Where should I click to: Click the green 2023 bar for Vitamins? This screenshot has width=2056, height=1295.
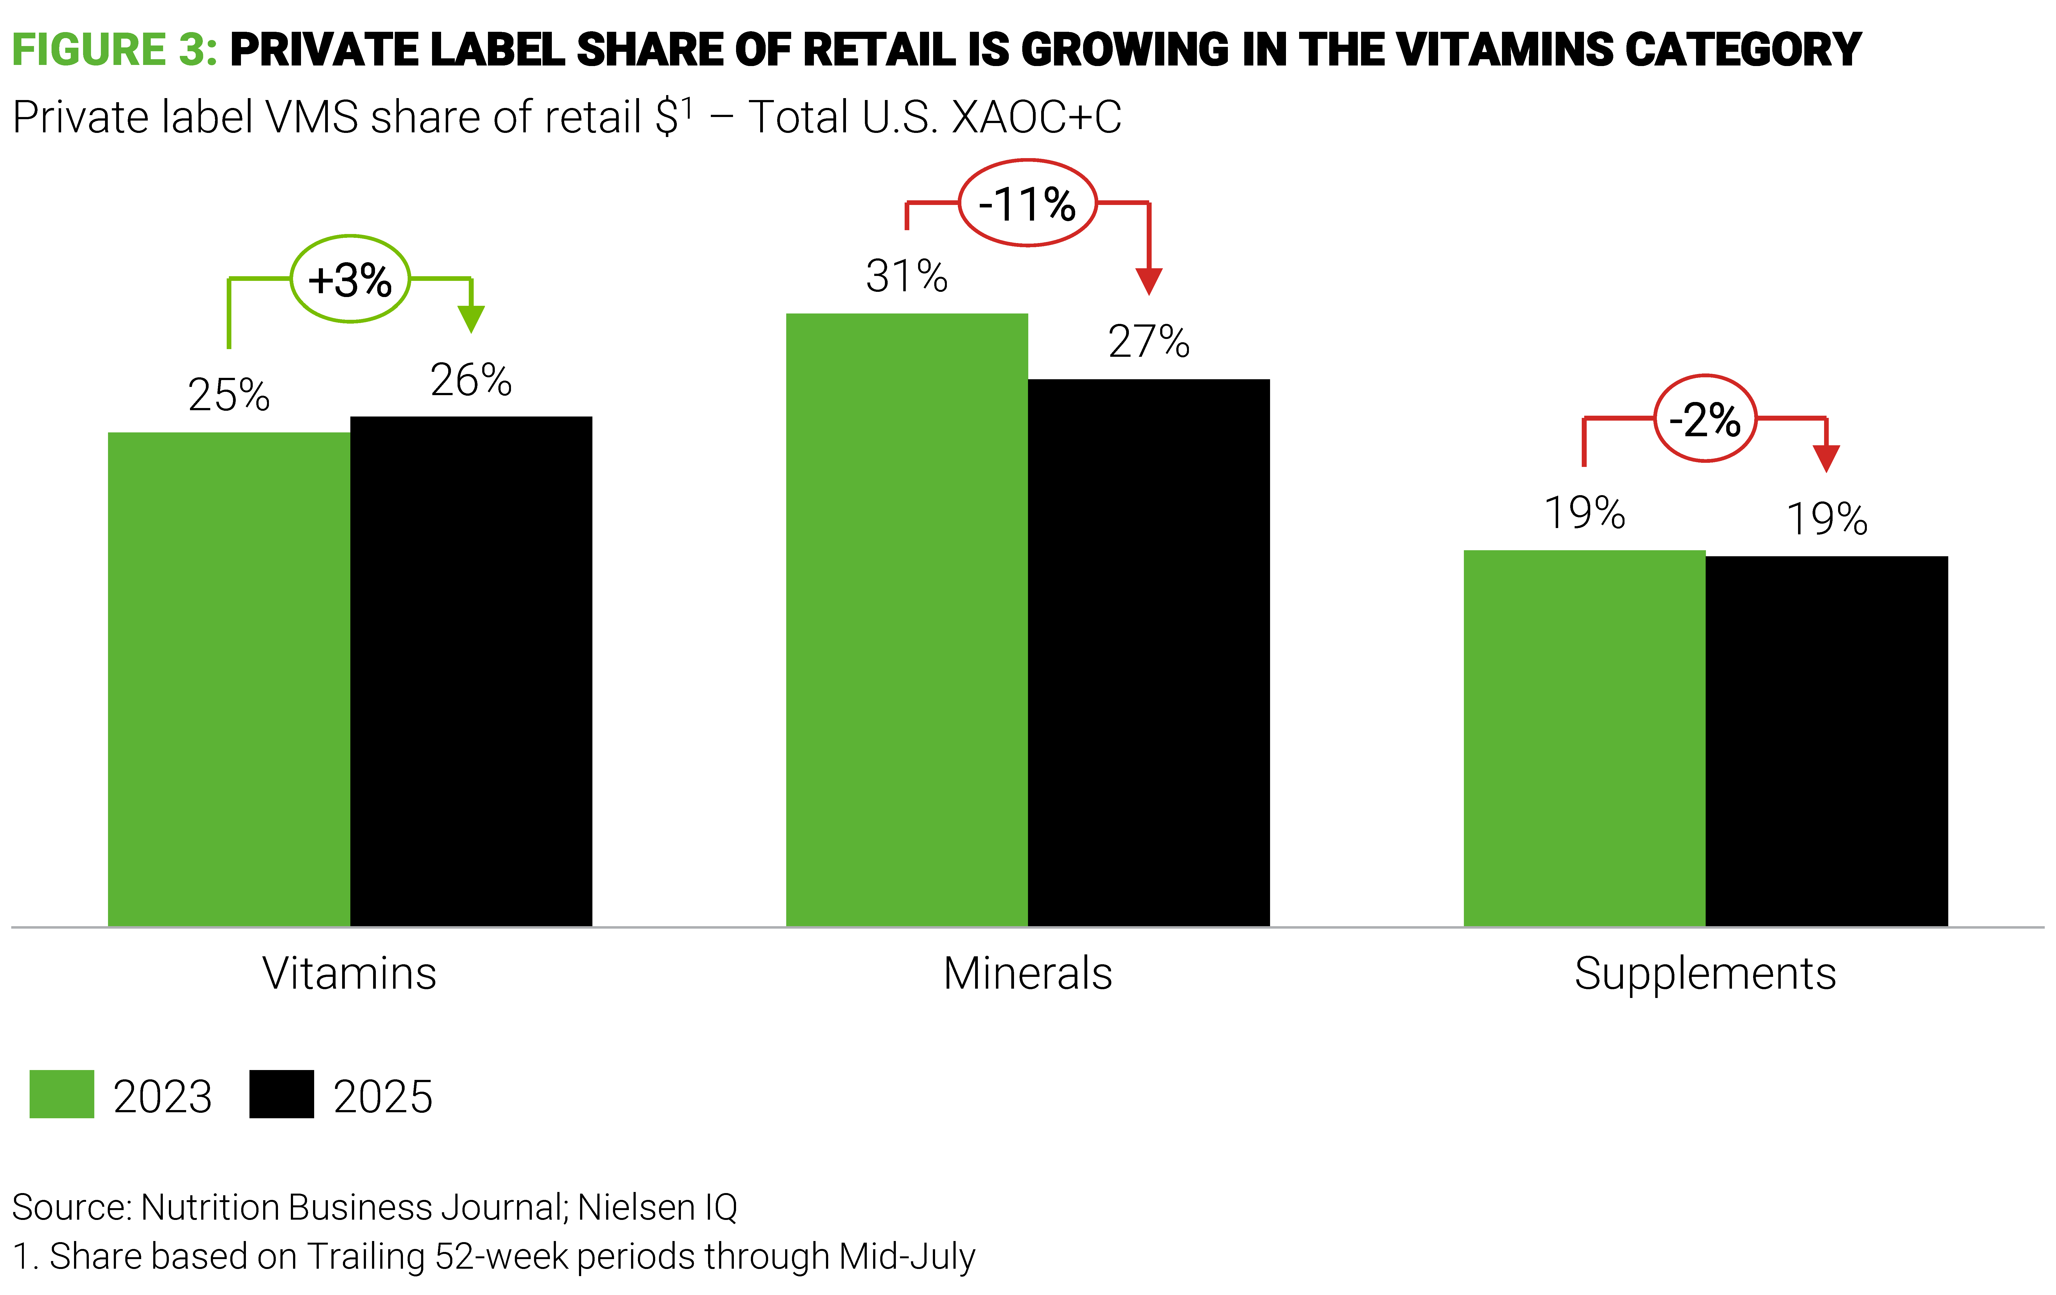click(x=229, y=679)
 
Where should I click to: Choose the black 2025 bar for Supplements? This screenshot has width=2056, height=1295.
click(x=1826, y=741)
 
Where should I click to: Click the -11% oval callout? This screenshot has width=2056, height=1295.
click(x=1027, y=203)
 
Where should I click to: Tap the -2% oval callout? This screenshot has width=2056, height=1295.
click(x=1705, y=418)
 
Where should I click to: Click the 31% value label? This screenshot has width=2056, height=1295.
click(x=907, y=276)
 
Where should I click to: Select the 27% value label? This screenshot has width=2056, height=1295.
click(x=1148, y=341)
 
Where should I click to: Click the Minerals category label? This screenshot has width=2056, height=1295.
click(x=1027, y=973)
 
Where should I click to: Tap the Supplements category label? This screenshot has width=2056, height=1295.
click(x=1705, y=973)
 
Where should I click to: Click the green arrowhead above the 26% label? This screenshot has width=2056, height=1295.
click(x=471, y=318)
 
